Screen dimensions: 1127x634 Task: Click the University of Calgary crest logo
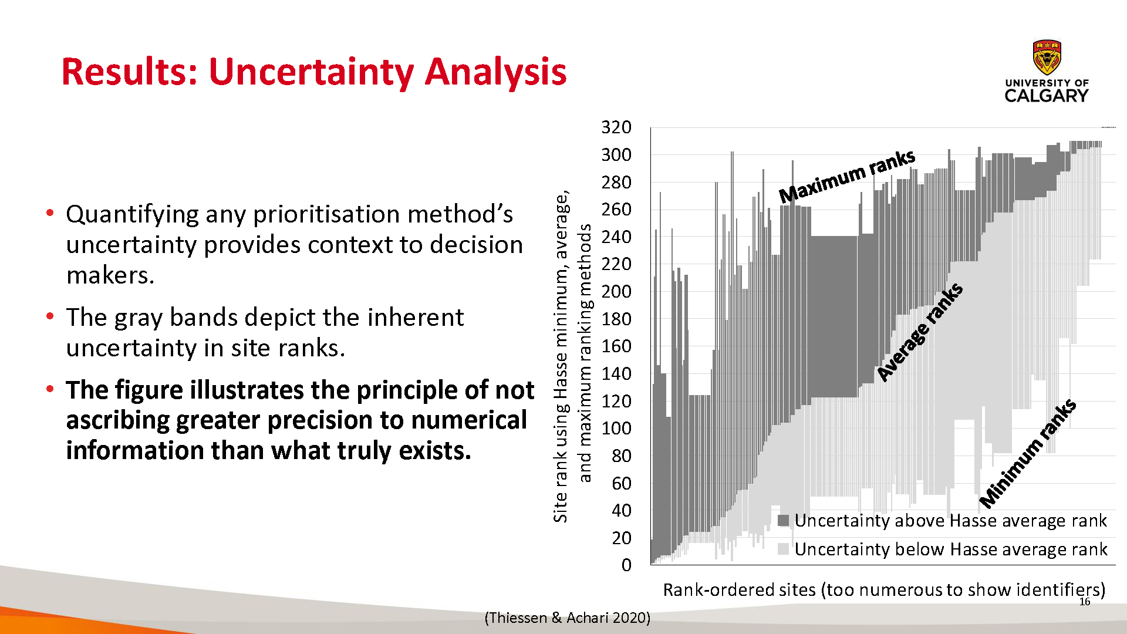(x=1047, y=59)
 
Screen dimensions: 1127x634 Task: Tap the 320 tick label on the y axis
(x=616, y=127)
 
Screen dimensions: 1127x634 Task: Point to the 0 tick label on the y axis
(x=626, y=565)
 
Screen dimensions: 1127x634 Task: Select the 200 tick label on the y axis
(x=616, y=292)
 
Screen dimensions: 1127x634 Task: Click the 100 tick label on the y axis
(x=616, y=429)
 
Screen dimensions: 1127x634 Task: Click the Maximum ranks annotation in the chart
(x=847, y=176)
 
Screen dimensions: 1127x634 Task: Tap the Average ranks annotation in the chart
(x=920, y=332)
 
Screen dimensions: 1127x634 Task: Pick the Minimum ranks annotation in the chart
(x=1028, y=453)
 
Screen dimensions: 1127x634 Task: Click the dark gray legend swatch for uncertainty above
(x=783, y=521)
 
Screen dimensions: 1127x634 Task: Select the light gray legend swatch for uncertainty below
(x=783, y=549)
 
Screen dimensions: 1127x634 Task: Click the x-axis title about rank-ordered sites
(x=884, y=589)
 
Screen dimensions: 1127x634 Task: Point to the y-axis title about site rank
(x=572, y=356)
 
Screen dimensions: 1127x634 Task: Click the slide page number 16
(x=1085, y=602)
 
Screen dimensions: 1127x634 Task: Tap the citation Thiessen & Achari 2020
(x=568, y=618)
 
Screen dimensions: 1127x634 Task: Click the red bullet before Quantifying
(x=50, y=213)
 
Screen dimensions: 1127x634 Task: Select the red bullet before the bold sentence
(x=50, y=389)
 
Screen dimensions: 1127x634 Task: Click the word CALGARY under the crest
(x=1047, y=96)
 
